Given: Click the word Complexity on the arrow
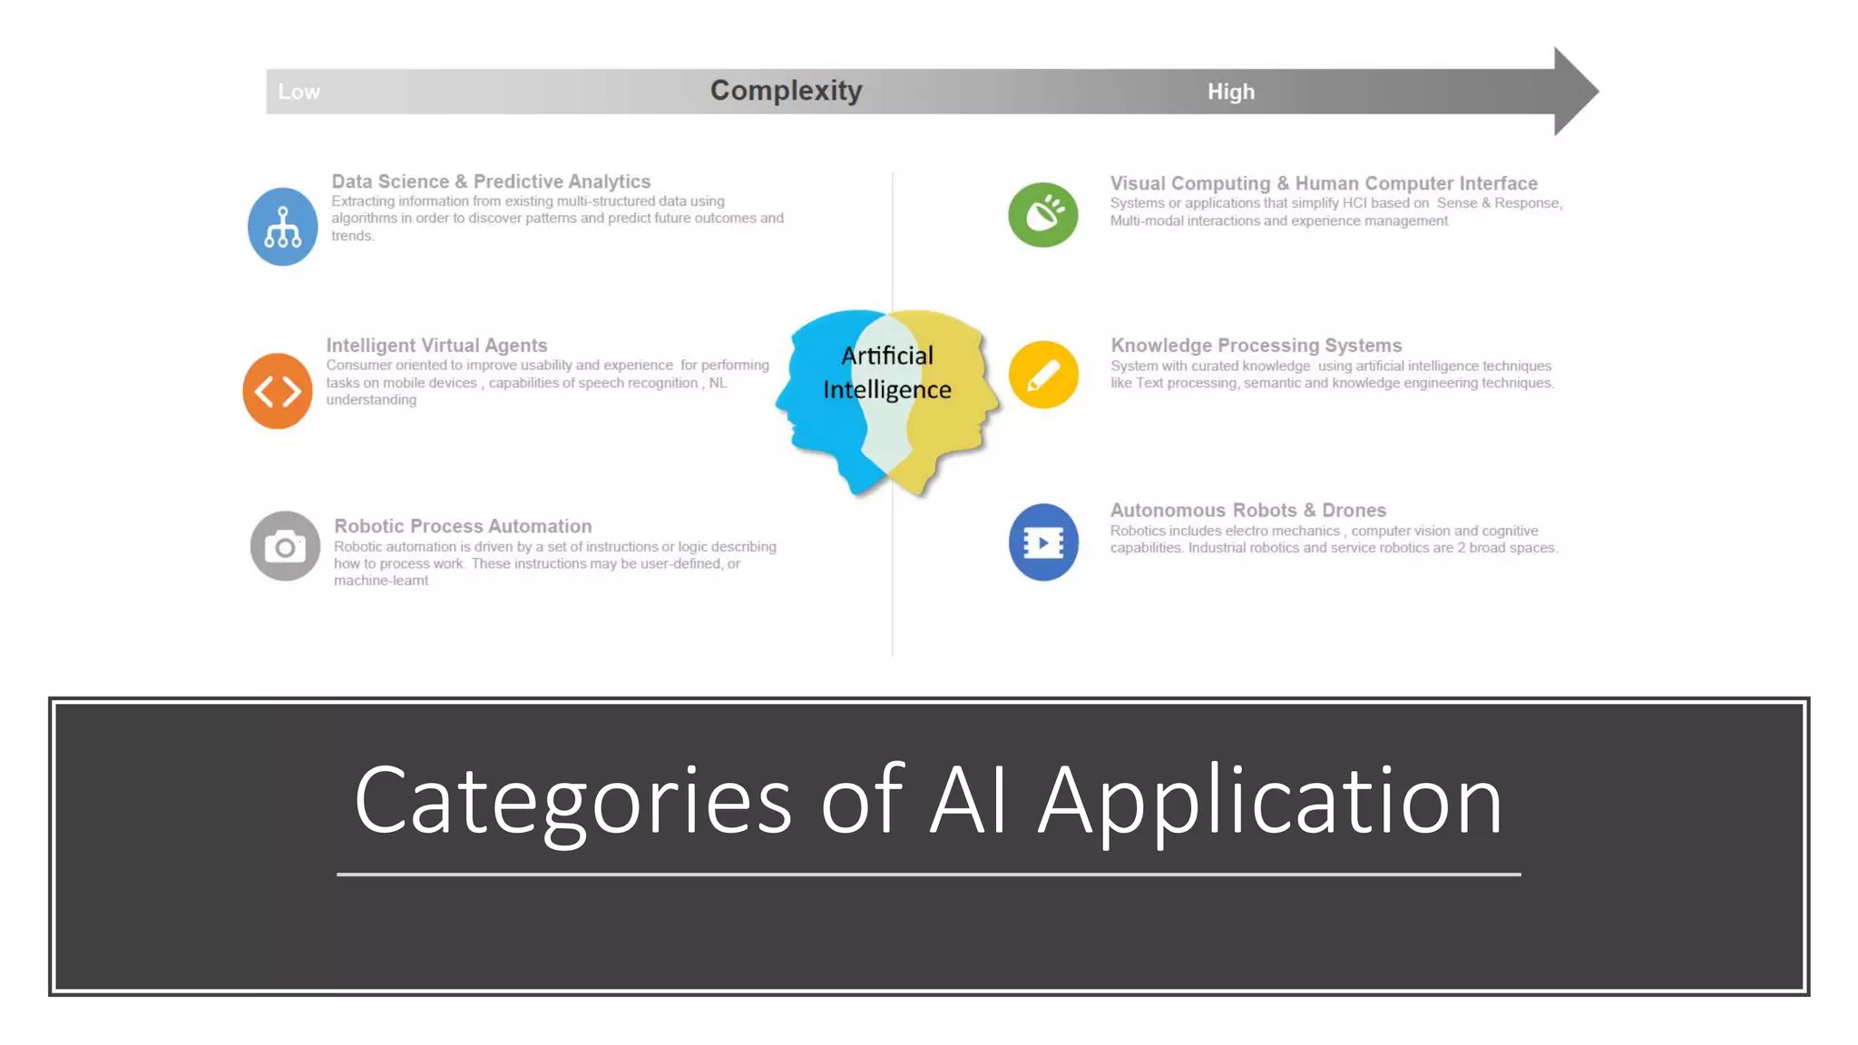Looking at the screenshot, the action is (x=786, y=91).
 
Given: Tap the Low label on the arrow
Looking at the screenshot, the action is (x=298, y=92).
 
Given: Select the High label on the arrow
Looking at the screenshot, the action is (x=1230, y=92).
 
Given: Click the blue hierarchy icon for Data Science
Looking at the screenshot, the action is (x=282, y=227).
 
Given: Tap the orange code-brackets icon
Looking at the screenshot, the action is (x=278, y=391).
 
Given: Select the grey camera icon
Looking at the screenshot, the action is (x=285, y=546).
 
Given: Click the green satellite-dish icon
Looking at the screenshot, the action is (x=1043, y=215).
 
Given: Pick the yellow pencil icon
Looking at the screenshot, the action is (x=1043, y=375).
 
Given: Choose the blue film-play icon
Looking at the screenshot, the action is (x=1043, y=542).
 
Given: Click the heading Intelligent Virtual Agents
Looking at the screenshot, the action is (x=436, y=346).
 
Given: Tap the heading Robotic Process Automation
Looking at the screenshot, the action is (x=463, y=526).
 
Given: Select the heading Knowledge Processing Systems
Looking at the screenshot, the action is (x=1256, y=346).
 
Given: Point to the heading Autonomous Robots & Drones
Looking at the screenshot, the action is (x=1247, y=510).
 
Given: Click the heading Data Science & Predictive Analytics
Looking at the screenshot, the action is (x=491, y=181).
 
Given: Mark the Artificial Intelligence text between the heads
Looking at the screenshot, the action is (x=886, y=372).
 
